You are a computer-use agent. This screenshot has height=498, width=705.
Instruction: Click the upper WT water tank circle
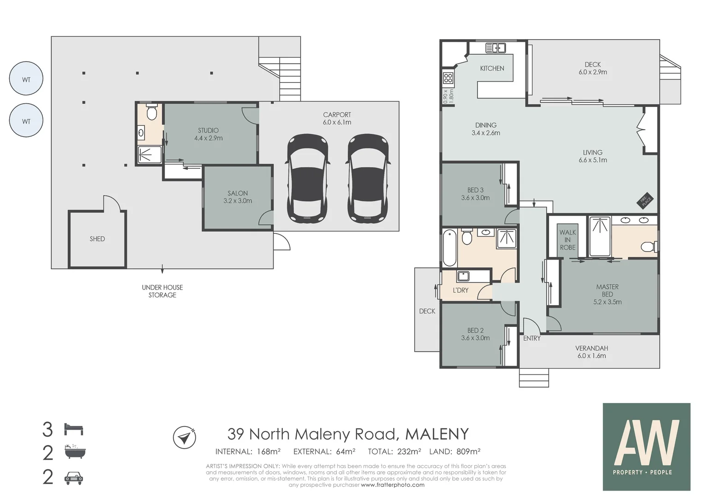tap(26, 79)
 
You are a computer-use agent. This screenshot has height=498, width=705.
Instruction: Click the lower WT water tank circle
tap(26, 121)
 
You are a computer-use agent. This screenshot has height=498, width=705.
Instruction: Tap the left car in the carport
tap(308, 178)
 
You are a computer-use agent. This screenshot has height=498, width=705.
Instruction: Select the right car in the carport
tap(368, 178)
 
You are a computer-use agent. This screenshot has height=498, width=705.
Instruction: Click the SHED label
tap(97, 239)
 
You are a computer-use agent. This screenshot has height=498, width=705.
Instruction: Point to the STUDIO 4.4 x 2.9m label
tap(208, 134)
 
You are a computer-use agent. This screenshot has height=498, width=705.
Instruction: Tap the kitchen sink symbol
tap(496, 47)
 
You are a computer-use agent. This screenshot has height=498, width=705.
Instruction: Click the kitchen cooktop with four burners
tap(448, 78)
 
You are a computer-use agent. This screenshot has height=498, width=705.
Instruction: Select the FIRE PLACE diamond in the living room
tap(645, 200)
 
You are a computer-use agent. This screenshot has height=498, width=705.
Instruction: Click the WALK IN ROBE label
tap(568, 240)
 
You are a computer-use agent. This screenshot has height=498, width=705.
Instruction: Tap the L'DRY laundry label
tap(460, 290)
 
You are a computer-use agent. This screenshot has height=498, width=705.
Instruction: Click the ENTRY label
tap(532, 338)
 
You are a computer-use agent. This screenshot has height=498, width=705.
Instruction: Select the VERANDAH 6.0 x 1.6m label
tap(591, 352)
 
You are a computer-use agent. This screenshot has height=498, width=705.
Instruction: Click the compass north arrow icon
tap(185, 437)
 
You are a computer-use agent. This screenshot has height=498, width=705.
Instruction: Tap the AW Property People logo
tap(646, 446)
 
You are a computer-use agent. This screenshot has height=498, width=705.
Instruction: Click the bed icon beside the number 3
tap(74, 429)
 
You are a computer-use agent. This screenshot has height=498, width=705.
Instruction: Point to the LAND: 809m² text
tap(454, 451)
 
